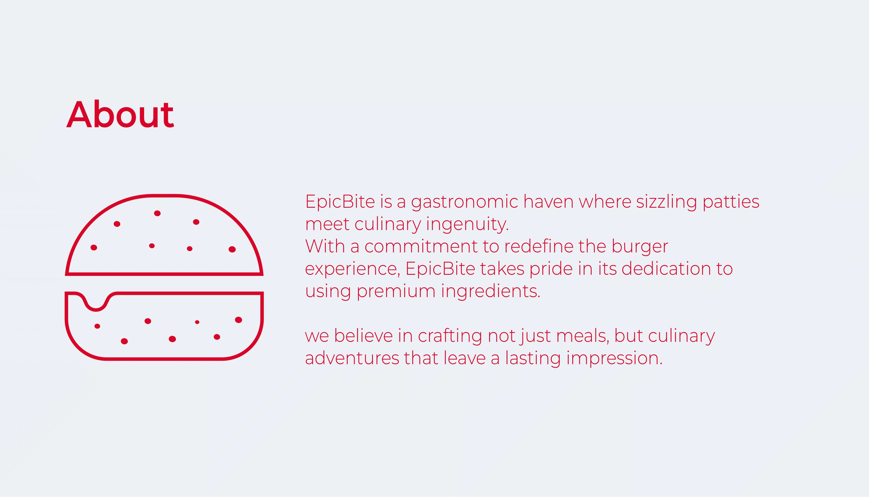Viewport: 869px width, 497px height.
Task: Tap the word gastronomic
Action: tap(465, 202)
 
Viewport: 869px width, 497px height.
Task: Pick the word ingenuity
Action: tap(467, 225)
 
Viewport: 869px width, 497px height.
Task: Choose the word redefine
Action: tap(539, 246)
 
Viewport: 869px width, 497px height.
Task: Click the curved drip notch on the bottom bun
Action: tap(96, 310)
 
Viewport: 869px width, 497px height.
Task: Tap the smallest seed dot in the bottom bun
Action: tap(197, 322)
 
